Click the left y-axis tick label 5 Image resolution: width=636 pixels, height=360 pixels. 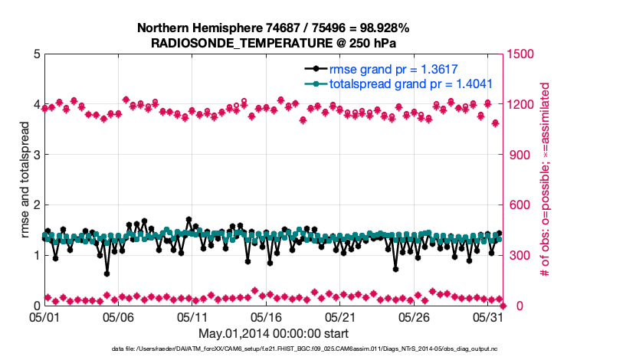pos(36,54)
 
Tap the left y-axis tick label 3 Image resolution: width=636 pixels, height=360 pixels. pos(36,155)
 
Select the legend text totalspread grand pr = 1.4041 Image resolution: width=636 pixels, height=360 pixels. pos(411,84)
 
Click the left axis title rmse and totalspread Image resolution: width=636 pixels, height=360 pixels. pos(25,180)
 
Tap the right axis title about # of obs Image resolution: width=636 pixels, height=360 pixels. pos(546,180)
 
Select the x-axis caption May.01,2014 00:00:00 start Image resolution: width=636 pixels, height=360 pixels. pos(274,333)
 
